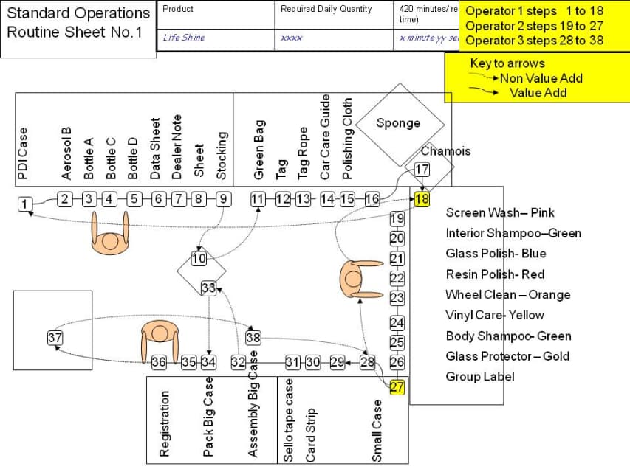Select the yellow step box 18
(422, 200)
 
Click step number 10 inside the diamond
(199, 258)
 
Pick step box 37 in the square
(55, 338)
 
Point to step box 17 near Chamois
(422, 170)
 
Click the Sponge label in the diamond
(398, 123)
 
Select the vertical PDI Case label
(24, 154)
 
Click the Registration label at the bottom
(165, 425)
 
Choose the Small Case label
(377, 431)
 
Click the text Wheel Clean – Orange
(508, 294)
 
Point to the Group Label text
(480, 377)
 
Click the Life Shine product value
(184, 38)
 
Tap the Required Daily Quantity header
(326, 10)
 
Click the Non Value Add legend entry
(541, 78)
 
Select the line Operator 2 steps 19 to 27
(535, 26)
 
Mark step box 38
(253, 338)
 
